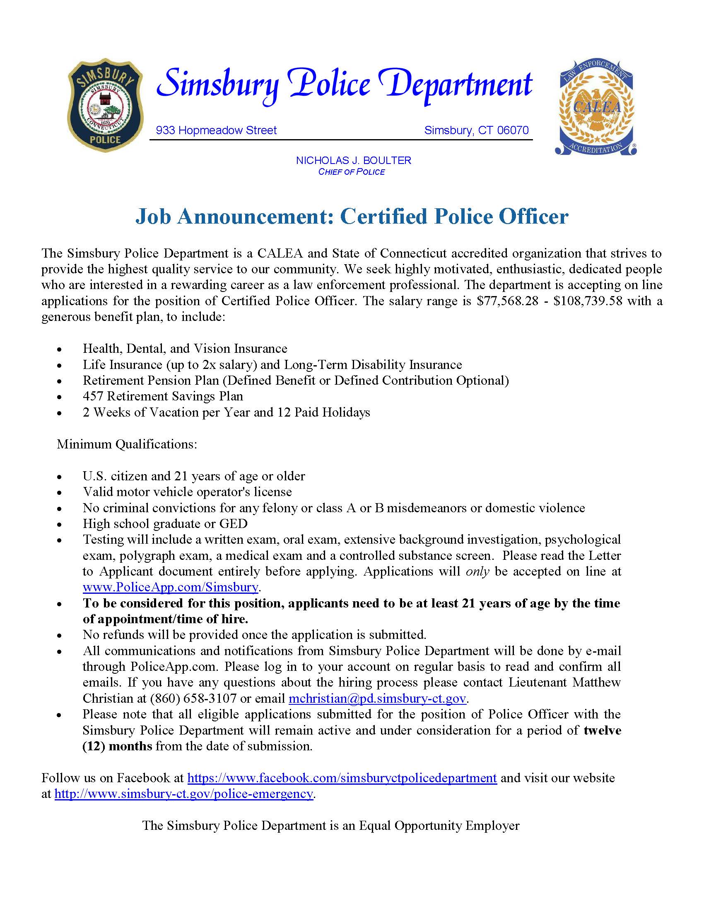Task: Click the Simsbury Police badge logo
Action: point(105,106)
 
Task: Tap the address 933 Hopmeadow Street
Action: point(216,130)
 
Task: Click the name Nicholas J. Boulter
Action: point(353,161)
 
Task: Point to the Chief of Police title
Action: point(351,172)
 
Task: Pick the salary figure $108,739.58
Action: point(588,301)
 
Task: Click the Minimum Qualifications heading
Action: point(127,444)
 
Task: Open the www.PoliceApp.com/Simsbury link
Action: point(171,588)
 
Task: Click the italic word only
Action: point(477,572)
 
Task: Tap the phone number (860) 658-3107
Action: point(193,699)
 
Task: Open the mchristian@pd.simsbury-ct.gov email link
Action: point(377,699)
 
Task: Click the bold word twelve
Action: point(602,731)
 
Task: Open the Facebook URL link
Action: point(342,778)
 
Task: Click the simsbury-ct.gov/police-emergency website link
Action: point(183,794)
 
